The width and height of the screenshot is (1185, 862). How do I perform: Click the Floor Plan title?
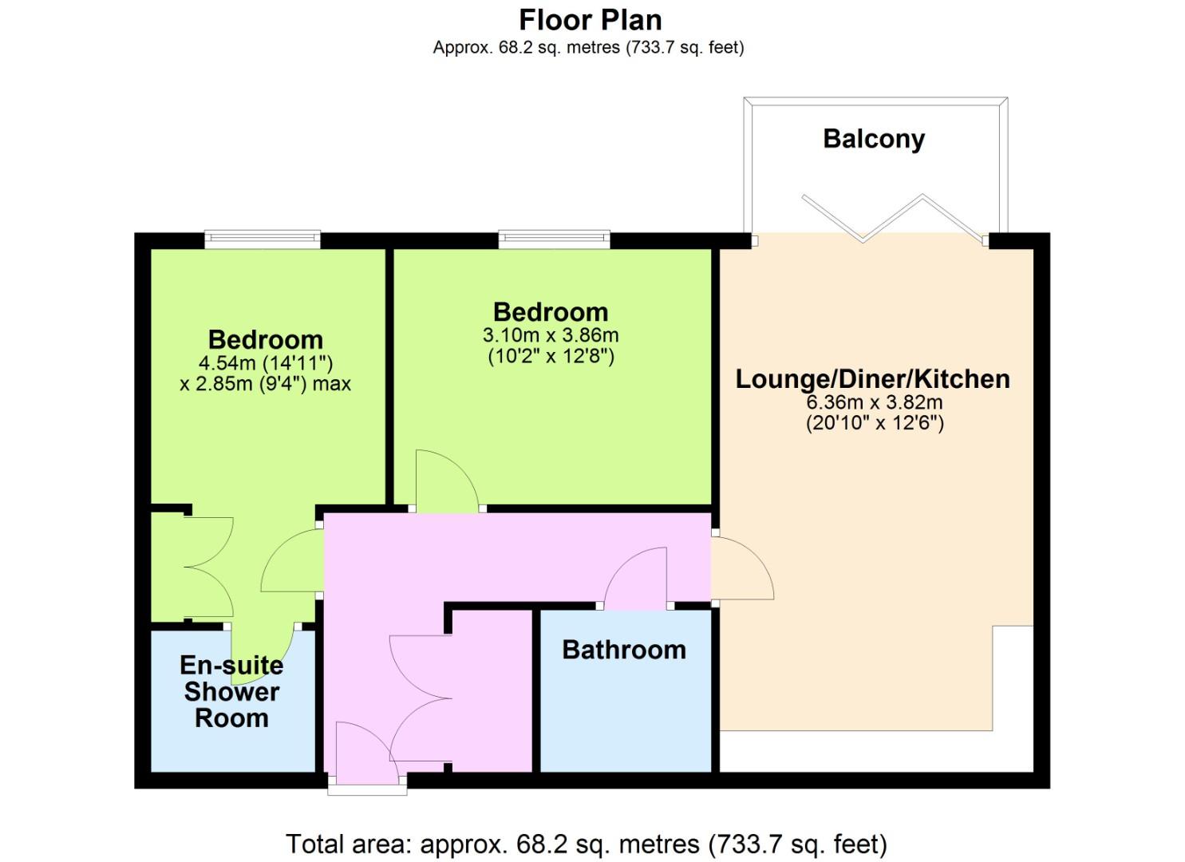pyautogui.click(x=591, y=20)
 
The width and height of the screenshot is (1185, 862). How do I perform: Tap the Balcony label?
pyautogui.click(x=874, y=140)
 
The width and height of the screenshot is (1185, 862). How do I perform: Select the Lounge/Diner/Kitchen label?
pyautogui.click(x=873, y=379)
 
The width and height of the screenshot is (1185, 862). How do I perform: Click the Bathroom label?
pyautogui.click(x=624, y=650)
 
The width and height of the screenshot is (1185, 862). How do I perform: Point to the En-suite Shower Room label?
pyautogui.click(x=231, y=692)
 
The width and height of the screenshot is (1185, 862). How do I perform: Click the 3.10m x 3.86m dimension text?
pyautogui.click(x=551, y=335)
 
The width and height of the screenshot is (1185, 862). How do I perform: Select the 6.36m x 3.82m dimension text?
pyautogui.click(x=875, y=402)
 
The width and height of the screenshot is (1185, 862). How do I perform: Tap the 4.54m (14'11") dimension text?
pyautogui.click(x=266, y=363)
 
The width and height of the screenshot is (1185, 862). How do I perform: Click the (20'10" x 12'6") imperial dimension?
pyautogui.click(x=875, y=423)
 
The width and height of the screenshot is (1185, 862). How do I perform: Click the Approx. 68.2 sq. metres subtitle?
pyautogui.click(x=588, y=48)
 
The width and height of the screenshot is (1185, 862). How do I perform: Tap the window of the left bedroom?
pyautogui.click(x=263, y=239)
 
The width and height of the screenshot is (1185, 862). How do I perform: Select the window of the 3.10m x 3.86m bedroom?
pyautogui.click(x=555, y=239)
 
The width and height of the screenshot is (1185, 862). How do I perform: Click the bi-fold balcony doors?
pyautogui.click(x=894, y=219)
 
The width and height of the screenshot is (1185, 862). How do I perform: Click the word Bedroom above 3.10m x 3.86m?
pyautogui.click(x=551, y=312)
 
